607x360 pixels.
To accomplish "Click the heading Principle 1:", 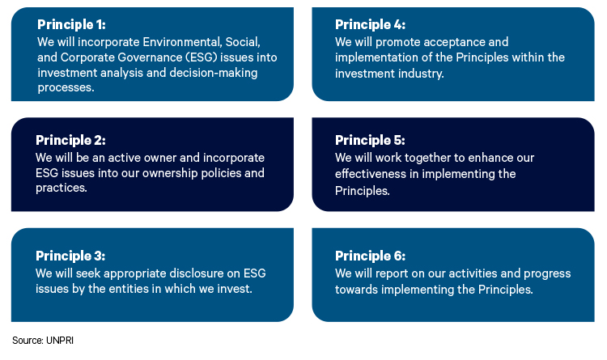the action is [71, 25].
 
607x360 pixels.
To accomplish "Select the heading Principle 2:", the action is [70, 140].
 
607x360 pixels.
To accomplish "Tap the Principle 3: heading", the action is [70, 256].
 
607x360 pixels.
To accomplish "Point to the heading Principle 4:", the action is [370, 25].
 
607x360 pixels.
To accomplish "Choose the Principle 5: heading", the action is [370, 140].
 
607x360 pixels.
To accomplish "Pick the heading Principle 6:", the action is [370, 256].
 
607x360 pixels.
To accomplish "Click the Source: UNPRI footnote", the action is [43, 341].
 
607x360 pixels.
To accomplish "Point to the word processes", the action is [66, 88].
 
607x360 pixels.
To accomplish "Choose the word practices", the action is [62, 188].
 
